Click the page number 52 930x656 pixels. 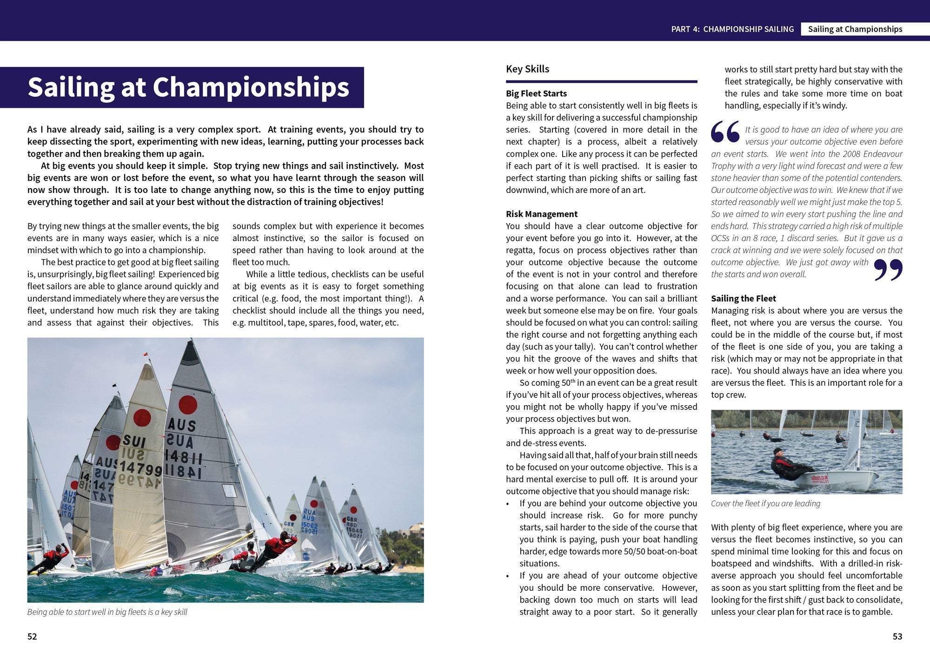coord(32,636)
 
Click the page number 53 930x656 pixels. coord(897,636)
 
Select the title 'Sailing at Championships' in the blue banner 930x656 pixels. coord(188,87)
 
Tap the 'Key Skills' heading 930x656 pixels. coord(527,69)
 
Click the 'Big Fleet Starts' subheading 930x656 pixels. coord(536,93)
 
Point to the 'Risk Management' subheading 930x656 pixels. coord(541,214)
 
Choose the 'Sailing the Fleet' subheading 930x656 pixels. coord(743,298)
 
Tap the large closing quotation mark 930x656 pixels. coord(888,269)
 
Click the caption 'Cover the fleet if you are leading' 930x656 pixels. coord(765,503)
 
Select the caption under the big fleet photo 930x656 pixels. coord(107,612)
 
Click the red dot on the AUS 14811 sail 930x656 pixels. coord(188,405)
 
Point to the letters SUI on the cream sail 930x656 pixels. coord(134,441)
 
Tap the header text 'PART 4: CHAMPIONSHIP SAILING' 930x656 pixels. coord(732,29)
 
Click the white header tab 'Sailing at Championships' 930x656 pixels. coord(855,29)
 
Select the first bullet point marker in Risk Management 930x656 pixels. coord(508,504)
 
